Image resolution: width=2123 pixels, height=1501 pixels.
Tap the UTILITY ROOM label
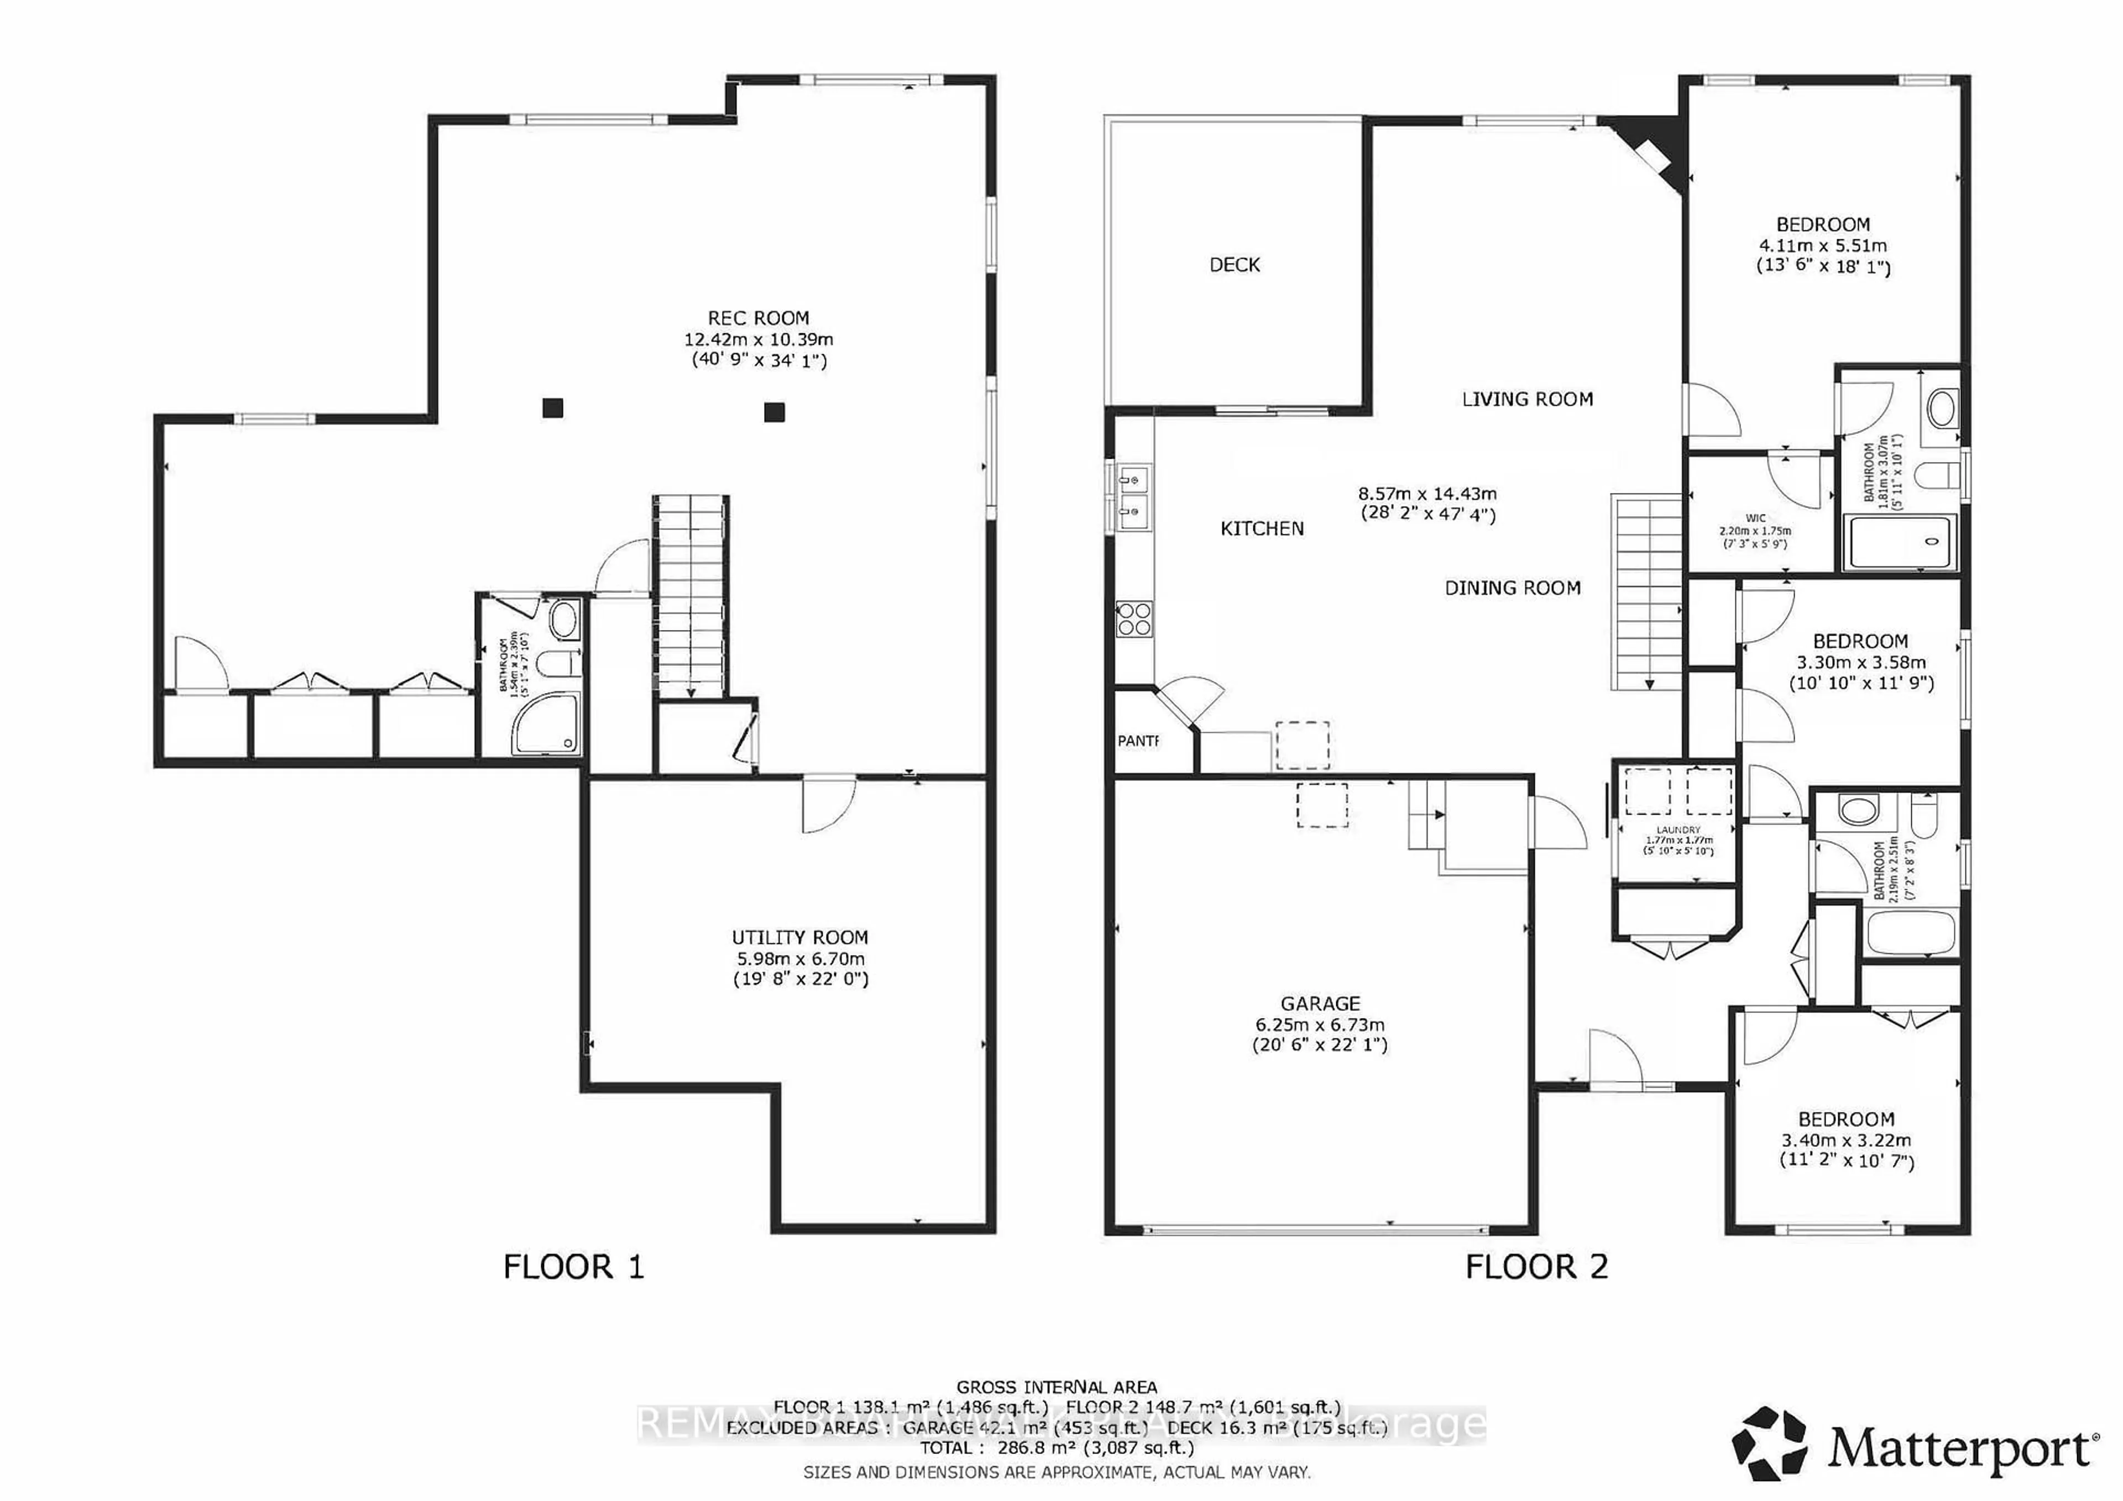800,937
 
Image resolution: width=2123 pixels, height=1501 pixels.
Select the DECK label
1235,265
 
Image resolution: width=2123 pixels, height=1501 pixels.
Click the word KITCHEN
1262,529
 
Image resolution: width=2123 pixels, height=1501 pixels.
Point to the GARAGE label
1320,1004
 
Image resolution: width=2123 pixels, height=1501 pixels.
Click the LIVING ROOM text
1528,399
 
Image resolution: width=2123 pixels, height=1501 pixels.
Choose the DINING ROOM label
1513,588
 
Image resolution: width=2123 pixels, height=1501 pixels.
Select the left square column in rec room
553,408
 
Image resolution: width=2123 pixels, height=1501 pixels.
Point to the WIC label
1755,518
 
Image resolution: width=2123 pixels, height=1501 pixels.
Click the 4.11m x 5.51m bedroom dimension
1822,246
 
